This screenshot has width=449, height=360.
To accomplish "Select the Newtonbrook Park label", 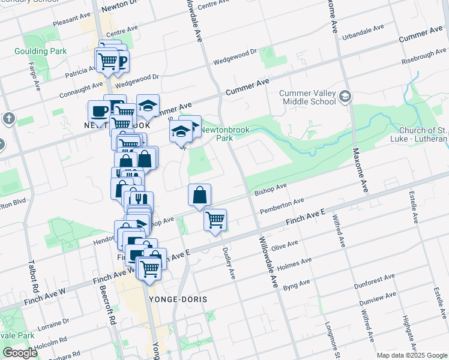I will [215, 133].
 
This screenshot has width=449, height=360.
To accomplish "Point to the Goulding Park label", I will [41, 52].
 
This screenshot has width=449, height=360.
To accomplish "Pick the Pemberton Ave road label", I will [282, 205].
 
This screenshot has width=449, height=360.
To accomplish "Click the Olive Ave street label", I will [285, 246].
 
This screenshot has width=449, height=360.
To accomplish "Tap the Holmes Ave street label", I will [298, 263].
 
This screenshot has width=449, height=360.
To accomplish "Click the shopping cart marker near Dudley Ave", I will [215, 220].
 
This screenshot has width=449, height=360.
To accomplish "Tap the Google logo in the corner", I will [20, 353].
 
